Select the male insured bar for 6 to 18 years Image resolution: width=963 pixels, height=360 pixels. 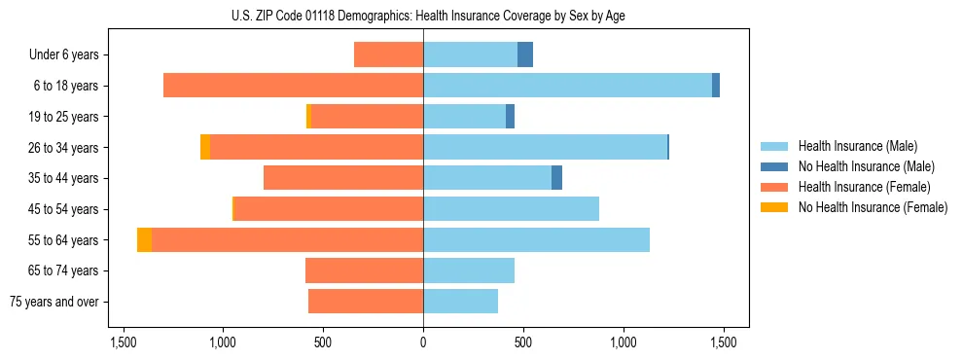click(x=567, y=86)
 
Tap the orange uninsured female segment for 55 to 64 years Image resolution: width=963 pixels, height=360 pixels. click(x=144, y=239)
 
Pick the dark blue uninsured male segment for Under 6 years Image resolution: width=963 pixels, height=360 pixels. click(x=525, y=54)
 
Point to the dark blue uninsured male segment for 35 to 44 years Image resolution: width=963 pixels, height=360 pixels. click(x=556, y=178)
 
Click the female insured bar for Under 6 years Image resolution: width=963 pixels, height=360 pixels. click(x=388, y=54)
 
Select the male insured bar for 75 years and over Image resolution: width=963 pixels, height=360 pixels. click(x=460, y=302)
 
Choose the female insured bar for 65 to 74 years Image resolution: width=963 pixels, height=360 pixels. click(x=364, y=270)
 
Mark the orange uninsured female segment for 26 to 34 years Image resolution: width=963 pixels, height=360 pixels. click(x=205, y=147)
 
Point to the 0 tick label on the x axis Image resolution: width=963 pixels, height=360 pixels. click(x=423, y=342)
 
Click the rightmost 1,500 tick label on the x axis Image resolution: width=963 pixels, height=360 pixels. click(x=723, y=342)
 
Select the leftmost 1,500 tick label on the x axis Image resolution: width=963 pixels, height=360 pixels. click(x=124, y=342)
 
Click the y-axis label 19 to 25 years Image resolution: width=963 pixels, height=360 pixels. click(x=65, y=117)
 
